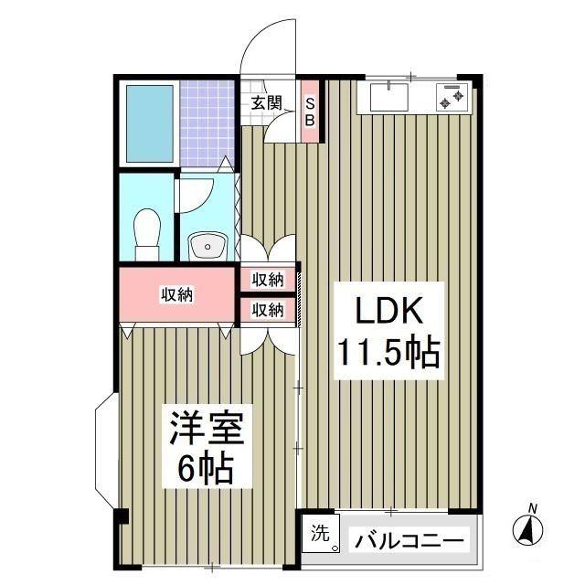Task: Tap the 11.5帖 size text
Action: pyautogui.click(x=388, y=352)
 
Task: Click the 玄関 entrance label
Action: pyautogui.click(x=266, y=102)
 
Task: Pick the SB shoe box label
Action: pyautogui.click(x=309, y=111)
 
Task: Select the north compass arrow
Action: pyautogui.click(x=527, y=528)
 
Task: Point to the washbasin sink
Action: pyautogui.click(x=207, y=245)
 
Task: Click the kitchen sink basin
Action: pyautogui.click(x=392, y=95)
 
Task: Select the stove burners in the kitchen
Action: pyautogui.click(x=452, y=95)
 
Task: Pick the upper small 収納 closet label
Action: pyautogui.click(x=268, y=279)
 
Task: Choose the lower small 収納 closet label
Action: pyautogui.click(x=268, y=310)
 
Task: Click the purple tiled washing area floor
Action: pyautogui.click(x=207, y=123)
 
